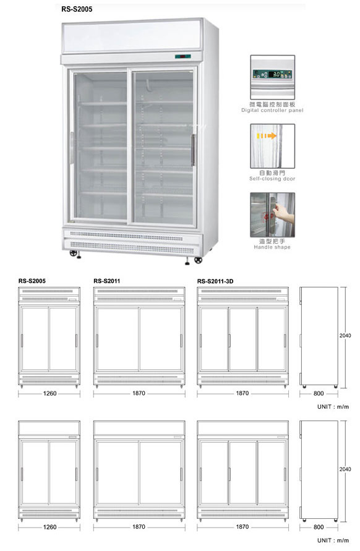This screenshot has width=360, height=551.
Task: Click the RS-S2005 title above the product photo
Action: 77,9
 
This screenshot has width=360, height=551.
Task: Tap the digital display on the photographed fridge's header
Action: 182,56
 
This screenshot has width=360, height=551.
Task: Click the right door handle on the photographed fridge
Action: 192,150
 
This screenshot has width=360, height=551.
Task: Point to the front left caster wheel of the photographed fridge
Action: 73,253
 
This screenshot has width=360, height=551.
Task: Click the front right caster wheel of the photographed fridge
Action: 199,260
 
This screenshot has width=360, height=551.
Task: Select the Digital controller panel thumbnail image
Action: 272,77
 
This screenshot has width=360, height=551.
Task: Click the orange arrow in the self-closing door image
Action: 267,135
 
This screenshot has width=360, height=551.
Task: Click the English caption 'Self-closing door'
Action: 272,179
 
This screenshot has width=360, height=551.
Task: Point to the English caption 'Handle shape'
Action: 272,247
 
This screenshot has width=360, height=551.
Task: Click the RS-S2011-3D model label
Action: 215,281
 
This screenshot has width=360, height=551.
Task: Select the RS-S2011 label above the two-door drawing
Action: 107,281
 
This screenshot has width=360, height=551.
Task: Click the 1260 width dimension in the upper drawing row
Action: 49,393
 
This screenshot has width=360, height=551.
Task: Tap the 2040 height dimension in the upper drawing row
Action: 345,336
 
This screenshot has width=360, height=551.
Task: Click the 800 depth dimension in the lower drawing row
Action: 319,527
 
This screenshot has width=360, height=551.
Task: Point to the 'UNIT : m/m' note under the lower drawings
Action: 333,540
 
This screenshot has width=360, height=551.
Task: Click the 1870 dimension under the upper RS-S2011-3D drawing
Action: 242,393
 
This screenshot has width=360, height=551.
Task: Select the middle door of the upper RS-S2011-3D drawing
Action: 242,339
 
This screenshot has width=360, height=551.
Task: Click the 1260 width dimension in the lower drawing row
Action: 49,527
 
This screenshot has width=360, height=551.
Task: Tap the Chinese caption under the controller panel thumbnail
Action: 272,105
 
